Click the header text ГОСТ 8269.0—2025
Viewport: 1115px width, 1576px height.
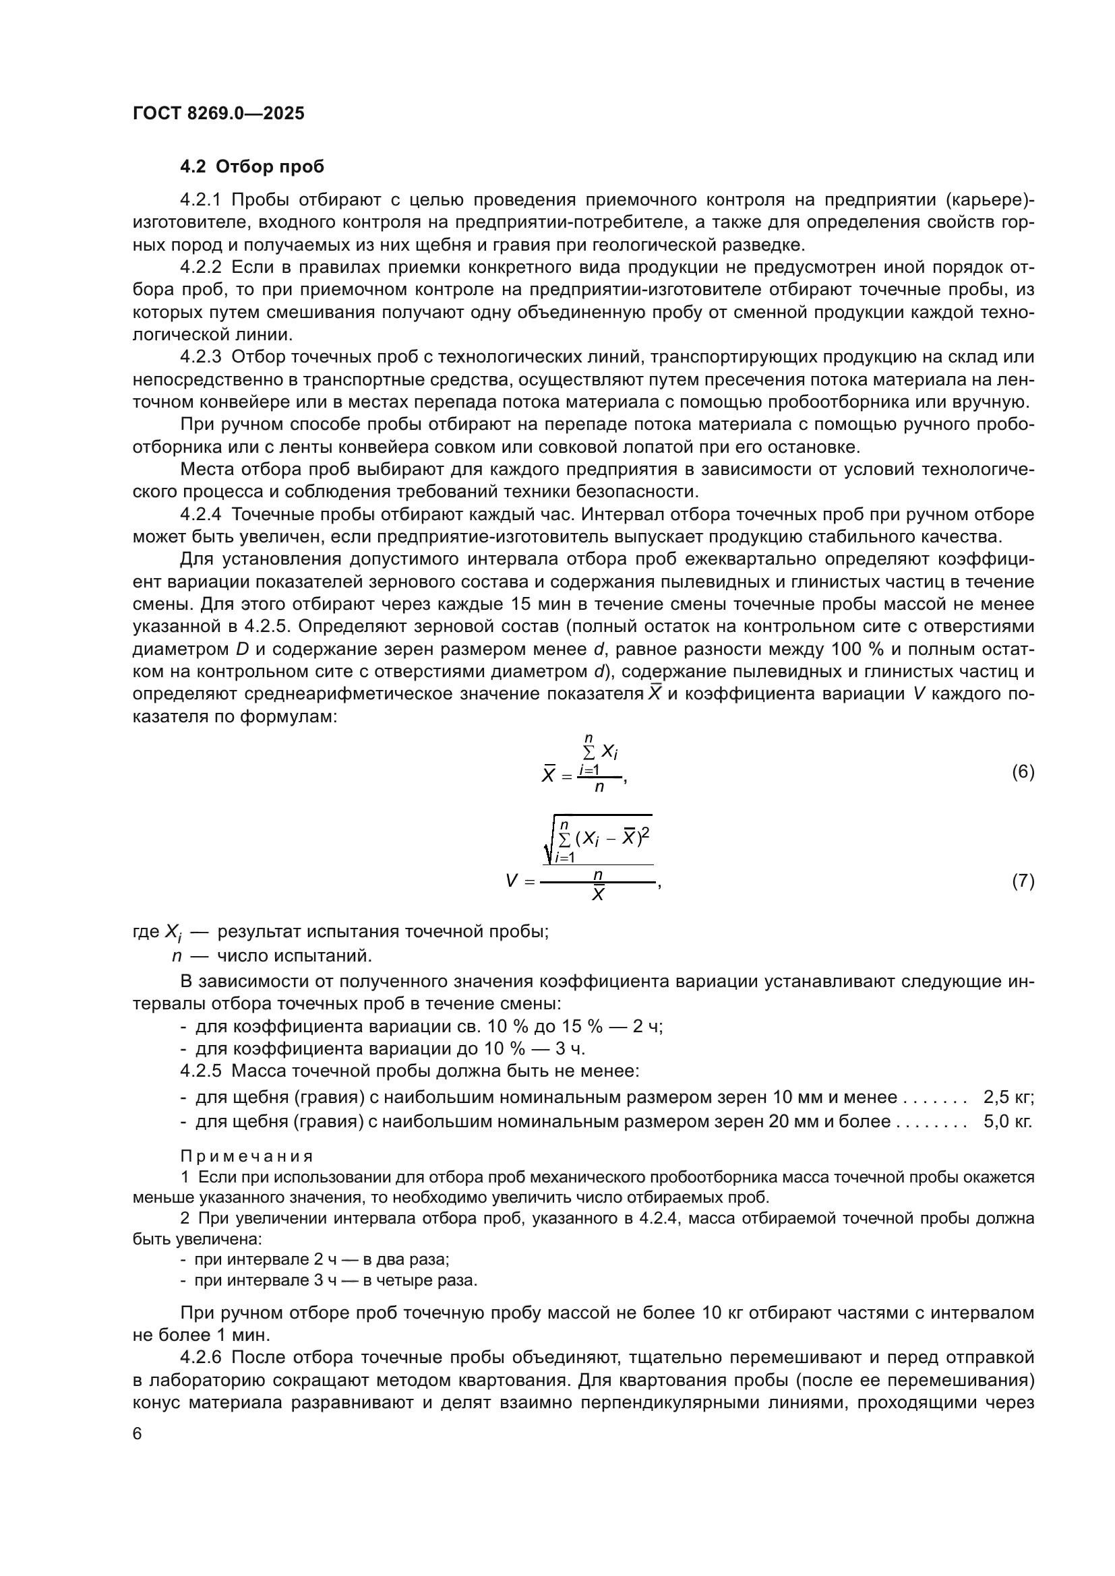point(218,113)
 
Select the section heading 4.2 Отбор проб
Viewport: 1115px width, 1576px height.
point(252,167)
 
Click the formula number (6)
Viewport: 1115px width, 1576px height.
point(1023,772)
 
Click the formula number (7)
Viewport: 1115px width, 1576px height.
point(1023,881)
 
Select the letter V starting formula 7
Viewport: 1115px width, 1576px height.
point(512,881)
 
